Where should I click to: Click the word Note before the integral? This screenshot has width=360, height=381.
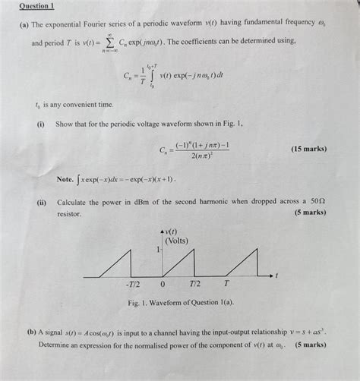tap(66, 180)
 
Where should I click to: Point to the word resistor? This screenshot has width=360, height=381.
tap(73, 214)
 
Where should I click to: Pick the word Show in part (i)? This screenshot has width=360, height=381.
tap(68, 124)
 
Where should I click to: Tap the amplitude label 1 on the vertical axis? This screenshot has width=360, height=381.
tap(157, 248)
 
